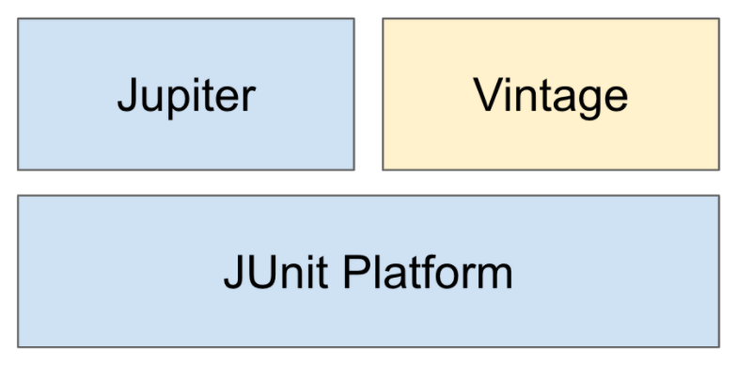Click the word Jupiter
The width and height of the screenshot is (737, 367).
[x=185, y=95]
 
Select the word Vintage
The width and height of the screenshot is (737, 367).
[x=550, y=95]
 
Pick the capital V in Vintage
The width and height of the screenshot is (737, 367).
[x=487, y=95]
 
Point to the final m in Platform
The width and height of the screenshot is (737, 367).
[x=494, y=275]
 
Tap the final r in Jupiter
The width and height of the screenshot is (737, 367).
[x=247, y=98]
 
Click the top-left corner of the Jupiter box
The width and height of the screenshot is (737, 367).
[x=18, y=18]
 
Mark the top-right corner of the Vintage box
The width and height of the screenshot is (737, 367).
[x=719, y=18]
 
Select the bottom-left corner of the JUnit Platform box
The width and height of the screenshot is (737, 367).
[x=18, y=346]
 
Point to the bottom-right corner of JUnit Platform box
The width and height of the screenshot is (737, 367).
[x=719, y=346]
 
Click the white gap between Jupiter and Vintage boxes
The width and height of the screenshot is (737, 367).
[x=368, y=94]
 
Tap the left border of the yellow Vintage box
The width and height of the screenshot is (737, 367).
[x=383, y=94]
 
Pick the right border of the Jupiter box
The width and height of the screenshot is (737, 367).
[x=354, y=94]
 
